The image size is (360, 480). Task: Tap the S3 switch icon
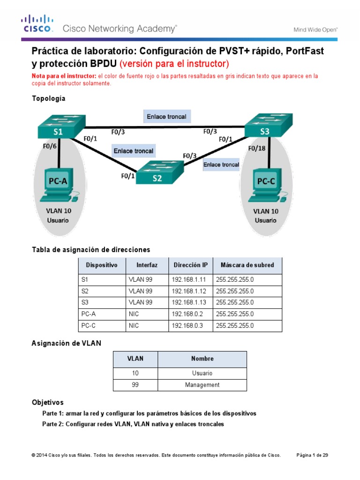point(264,127)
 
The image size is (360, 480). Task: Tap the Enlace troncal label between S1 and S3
point(166,116)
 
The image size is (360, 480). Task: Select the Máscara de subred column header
point(247,265)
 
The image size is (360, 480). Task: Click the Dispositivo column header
point(102,265)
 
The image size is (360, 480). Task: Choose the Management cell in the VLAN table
point(202,385)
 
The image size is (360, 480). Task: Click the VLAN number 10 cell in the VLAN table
point(135,373)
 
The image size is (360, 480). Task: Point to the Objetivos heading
point(47,403)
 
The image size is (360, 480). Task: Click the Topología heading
point(48,98)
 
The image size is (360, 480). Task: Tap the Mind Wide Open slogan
point(315,30)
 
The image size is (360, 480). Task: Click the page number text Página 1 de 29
point(313,455)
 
